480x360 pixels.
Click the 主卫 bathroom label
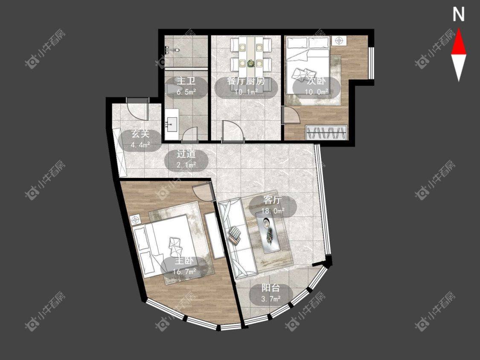pos(186,81)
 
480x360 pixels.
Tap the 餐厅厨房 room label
pos(246,81)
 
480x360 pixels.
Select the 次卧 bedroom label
pos(316,81)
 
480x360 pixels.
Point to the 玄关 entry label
pos(140,134)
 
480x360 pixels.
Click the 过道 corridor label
pos(186,154)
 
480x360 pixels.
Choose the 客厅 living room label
pos(273,200)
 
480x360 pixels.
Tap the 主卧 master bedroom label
pos(184,261)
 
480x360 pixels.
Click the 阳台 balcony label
pos(271,288)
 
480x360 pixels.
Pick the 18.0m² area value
pos(273,211)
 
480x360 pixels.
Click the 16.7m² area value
pos(184,272)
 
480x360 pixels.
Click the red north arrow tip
pos(459,29)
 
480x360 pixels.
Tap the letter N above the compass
pos(459,15)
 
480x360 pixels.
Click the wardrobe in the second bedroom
pos(326,132)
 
